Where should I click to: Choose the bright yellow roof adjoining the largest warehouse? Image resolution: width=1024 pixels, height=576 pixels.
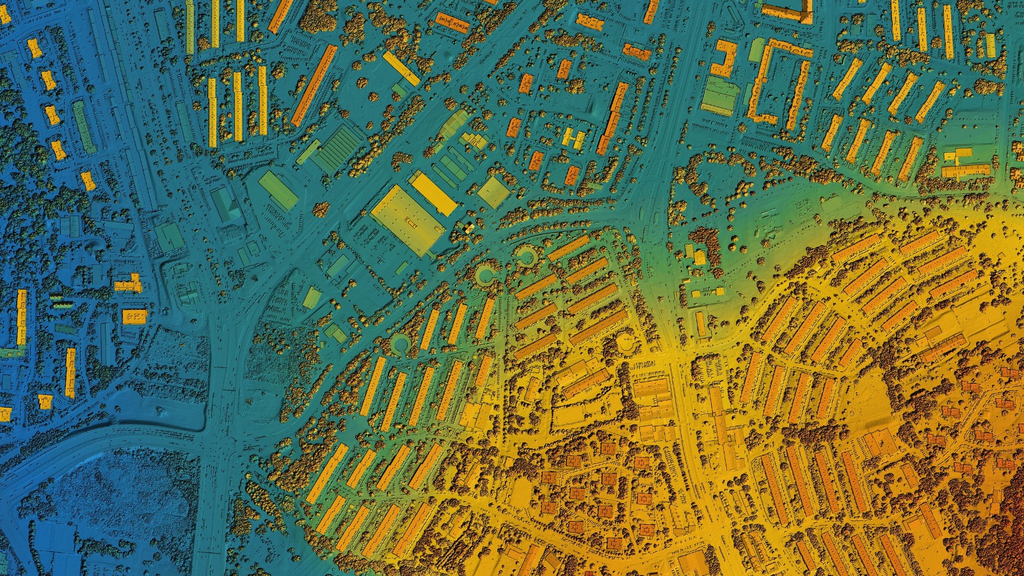433,192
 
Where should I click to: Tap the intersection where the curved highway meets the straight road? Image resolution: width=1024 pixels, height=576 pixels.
211,442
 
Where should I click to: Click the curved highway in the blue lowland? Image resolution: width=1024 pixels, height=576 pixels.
96,442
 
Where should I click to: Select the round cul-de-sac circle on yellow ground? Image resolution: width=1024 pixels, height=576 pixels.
627,344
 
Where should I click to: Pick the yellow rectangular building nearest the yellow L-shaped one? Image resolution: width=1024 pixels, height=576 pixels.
134,316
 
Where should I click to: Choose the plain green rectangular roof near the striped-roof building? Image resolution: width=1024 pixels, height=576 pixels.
279,190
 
